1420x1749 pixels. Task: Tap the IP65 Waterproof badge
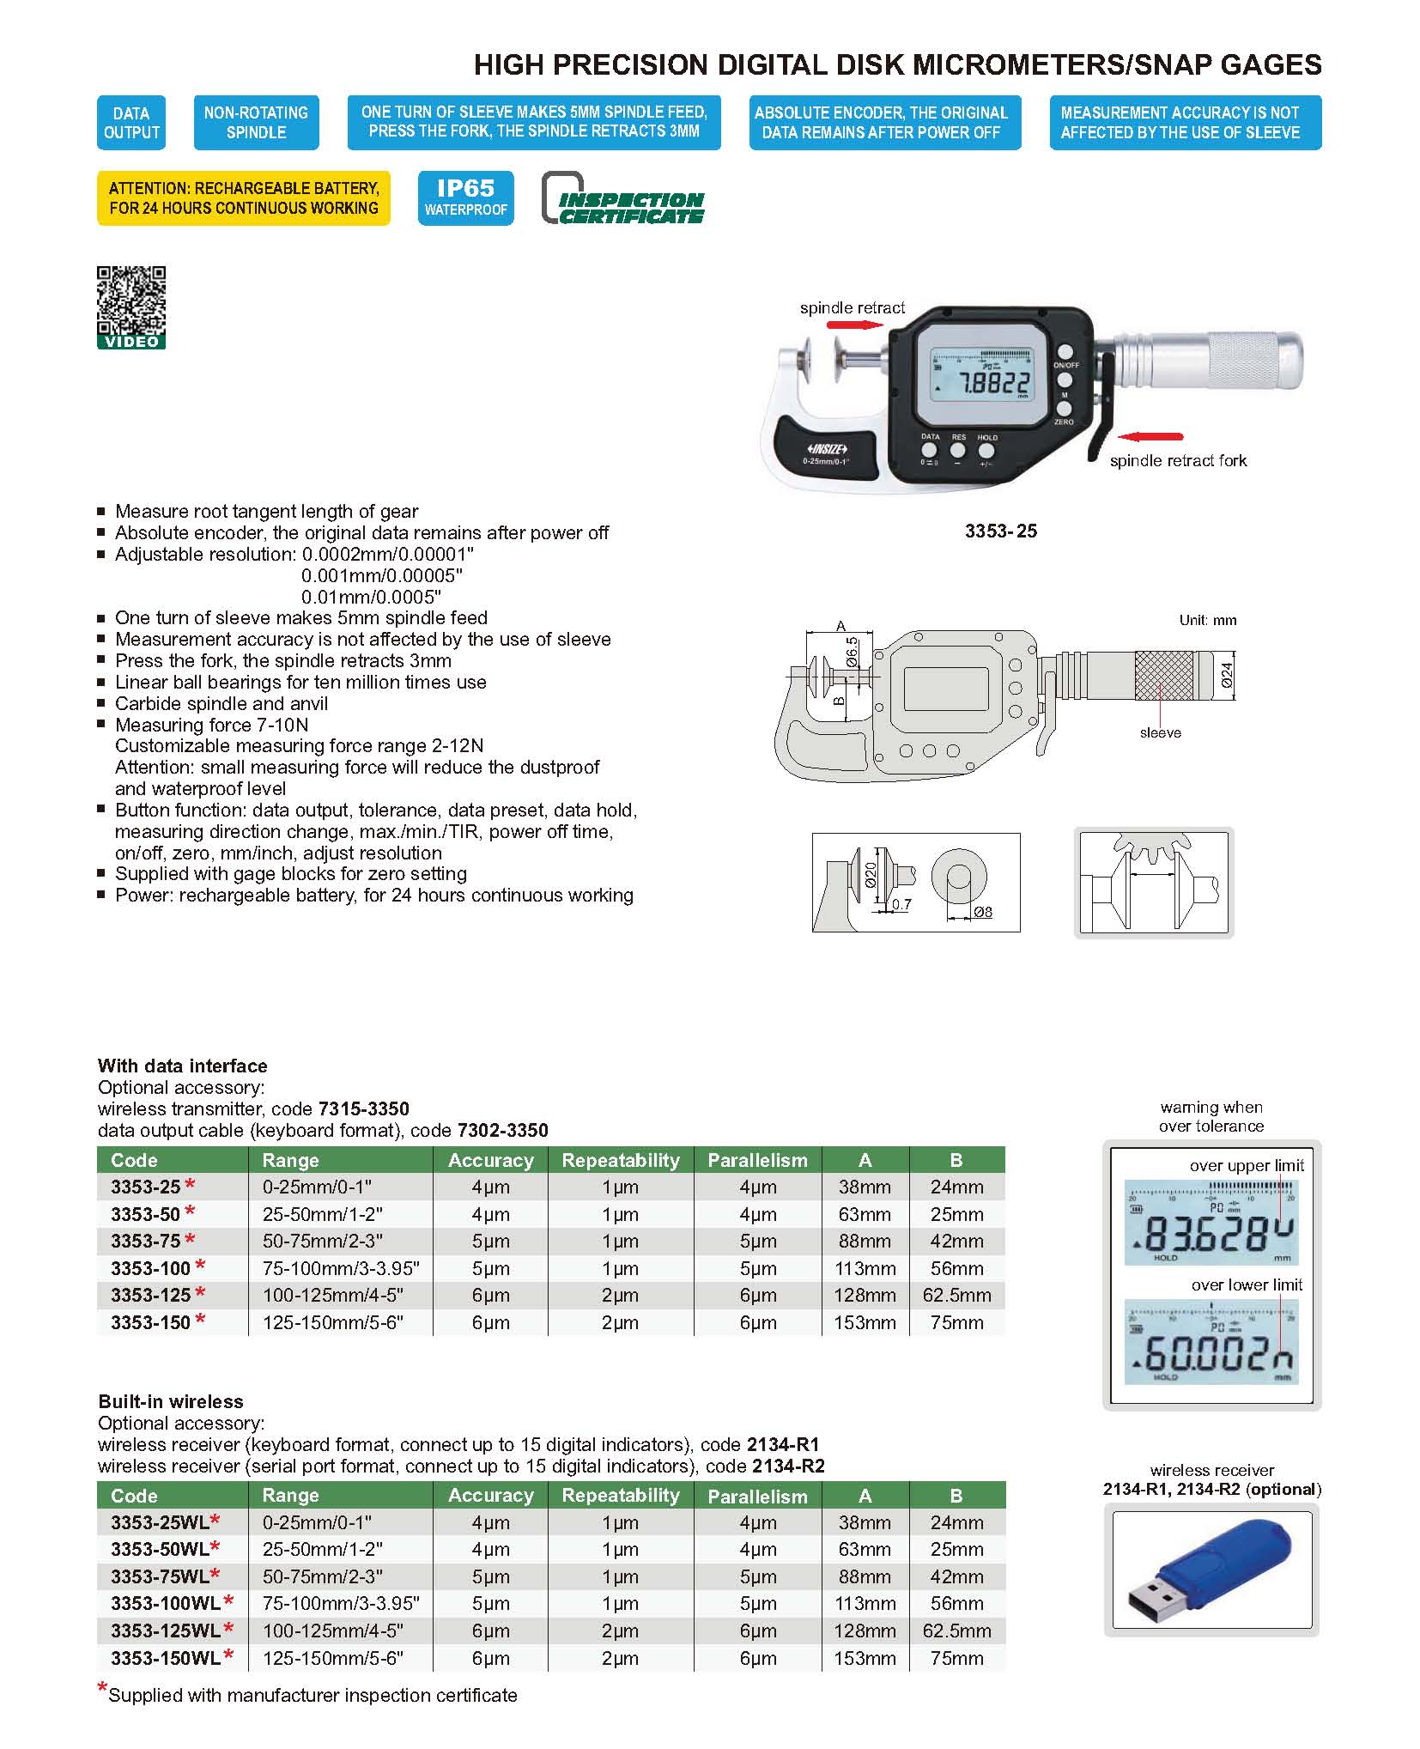coord(465,198)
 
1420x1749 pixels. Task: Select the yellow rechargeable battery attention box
coord(243,198)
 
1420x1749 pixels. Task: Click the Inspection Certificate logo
coord(623,199)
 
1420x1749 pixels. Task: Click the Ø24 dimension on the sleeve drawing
coord(1227,675)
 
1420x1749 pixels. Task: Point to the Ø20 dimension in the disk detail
coord(870,875)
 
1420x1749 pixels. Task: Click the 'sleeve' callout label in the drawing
coord(1160,732)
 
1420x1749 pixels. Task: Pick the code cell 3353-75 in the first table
coord(145,1241)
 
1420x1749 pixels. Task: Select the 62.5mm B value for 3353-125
coord(956,1295)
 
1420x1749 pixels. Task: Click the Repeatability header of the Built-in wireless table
coord(620,1495)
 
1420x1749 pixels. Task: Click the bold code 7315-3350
coord(363,1108)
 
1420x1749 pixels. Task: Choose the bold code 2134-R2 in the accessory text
coord(787,1466)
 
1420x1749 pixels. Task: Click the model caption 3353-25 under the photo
coord(1000,531)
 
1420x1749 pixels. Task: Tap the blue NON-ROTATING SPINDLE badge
coord(256,123)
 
